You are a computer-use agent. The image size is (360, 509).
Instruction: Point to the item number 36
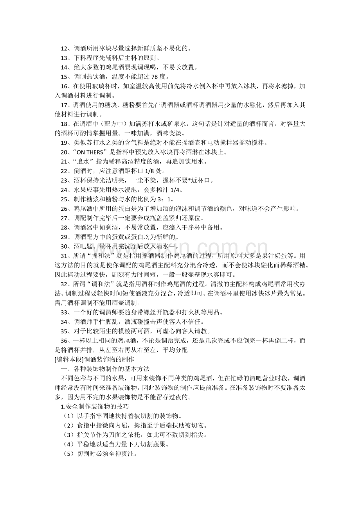65,340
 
